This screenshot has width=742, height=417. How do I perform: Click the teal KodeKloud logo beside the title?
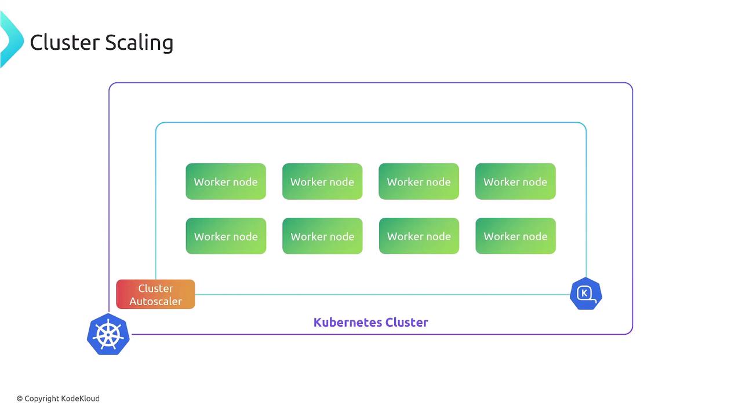(x=10, y=39)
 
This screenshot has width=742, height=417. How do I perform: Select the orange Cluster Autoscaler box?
(x=155, y=294)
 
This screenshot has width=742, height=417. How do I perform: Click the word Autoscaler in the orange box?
(x=155, y=301)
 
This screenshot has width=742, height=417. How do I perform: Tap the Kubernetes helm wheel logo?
(x=108, y=334)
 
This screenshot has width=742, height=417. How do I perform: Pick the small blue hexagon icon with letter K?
(x=585, y=294)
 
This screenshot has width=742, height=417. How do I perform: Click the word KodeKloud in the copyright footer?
(x=81, y=398)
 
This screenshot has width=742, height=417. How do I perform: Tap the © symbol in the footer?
(x=20, y=398)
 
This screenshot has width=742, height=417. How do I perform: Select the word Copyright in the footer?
(x=42, y=398)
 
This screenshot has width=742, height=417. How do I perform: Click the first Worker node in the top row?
(x=225, y=182)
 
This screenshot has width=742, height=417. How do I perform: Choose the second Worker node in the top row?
(x=322, y=182)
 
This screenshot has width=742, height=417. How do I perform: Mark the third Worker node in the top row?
(x=419, y=182)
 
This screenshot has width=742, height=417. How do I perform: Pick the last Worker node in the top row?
(x=515, y=182)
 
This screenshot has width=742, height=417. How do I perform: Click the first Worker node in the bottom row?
(x=225, y=236)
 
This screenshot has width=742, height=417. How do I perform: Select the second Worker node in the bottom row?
(x=322, y=236)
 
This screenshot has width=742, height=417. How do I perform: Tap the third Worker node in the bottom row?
(x=419, y=236)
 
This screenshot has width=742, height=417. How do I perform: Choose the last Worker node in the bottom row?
(x=515, y=236)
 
